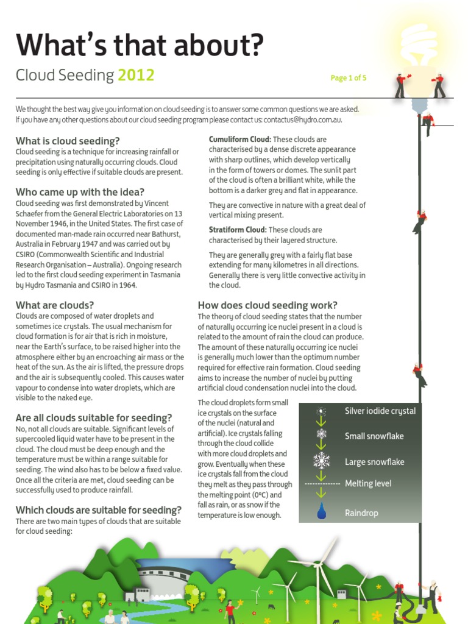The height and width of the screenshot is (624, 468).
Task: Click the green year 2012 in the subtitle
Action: click(136, 76)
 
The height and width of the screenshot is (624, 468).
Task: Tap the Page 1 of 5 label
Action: click(348, 78)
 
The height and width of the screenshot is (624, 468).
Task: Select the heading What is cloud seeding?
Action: click(68, 141)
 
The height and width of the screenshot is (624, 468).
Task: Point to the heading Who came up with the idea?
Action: click(80, 192)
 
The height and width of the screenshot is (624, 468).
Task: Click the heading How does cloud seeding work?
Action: click(268, 305)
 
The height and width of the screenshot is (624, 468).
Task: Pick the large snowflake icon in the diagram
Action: click(321, 461)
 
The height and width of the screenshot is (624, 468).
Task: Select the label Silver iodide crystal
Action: click(380, 411)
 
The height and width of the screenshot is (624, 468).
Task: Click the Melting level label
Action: click(368, 484)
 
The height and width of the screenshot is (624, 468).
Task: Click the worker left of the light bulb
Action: click(400, 85)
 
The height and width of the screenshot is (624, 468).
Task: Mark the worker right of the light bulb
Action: click(438, 85)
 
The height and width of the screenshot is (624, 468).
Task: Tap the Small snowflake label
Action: click(374, 436)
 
